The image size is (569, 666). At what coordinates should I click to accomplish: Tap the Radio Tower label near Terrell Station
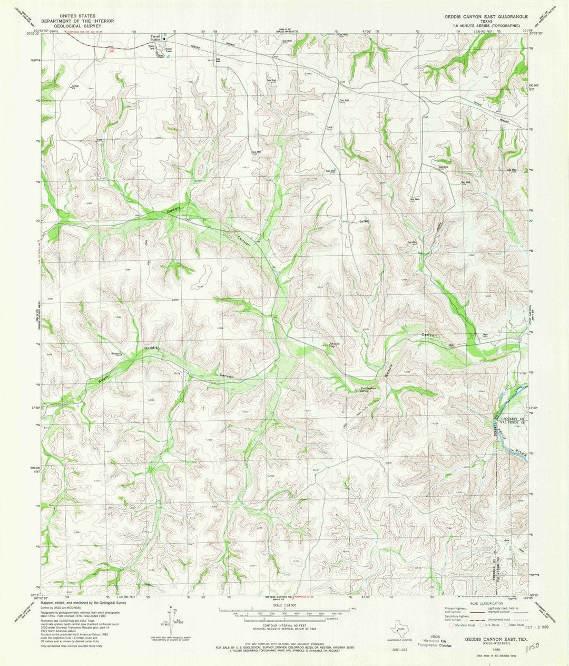click(x=170, y=50)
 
